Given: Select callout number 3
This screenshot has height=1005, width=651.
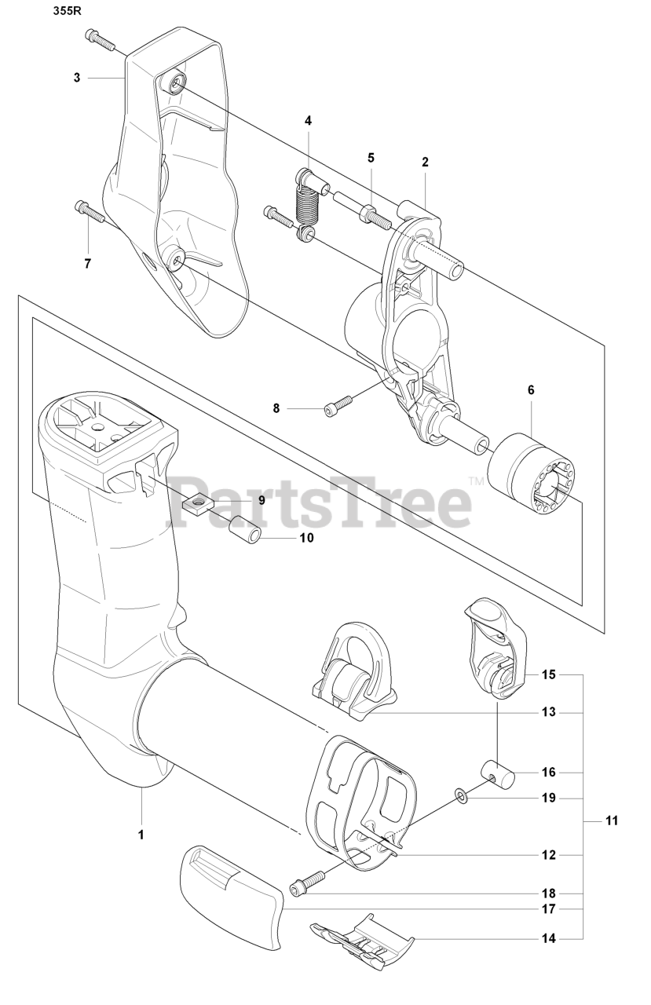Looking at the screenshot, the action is click(x=77, y=78).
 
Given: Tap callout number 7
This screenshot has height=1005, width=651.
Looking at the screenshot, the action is click(x=87, y=263).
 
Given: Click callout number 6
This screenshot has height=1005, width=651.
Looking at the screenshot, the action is click(x=531, y=389).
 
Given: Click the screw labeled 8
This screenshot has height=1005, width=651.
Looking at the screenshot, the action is click(x=338, y=405).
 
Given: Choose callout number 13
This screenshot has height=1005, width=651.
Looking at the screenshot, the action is click(x=549, y=713).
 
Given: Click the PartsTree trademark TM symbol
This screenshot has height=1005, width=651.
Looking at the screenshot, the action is click(x=476, y=480).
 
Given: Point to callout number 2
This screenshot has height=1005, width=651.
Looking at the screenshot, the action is click(x=425, y=163).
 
